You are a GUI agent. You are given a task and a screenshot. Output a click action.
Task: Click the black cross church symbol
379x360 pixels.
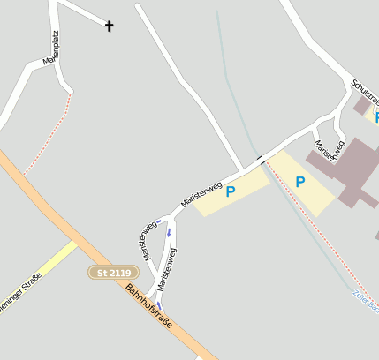click(x=110, y=26)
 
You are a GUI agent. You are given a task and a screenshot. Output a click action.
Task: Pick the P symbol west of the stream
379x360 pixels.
click(x=231, y=191)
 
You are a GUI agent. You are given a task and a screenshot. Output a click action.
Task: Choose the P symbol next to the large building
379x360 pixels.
click(x=300, y=183)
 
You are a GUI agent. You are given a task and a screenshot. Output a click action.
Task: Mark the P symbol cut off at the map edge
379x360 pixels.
click(x=375, y=116)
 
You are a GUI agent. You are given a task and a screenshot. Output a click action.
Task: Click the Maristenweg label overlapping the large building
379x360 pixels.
click(x=330, y=150)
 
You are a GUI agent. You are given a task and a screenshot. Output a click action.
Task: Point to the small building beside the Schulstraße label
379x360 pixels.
click(x=361, y=106)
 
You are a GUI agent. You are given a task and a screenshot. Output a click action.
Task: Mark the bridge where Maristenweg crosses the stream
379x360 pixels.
click(x=261, y=159)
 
